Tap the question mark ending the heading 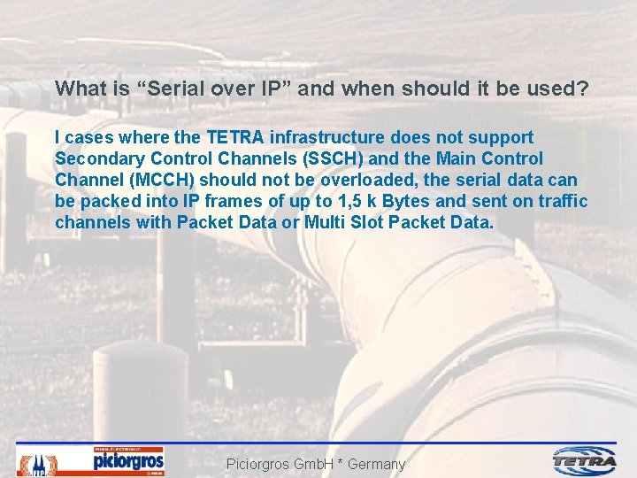584,89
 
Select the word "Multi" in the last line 325,222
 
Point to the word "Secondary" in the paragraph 96,159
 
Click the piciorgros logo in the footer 128,461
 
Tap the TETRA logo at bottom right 585,460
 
